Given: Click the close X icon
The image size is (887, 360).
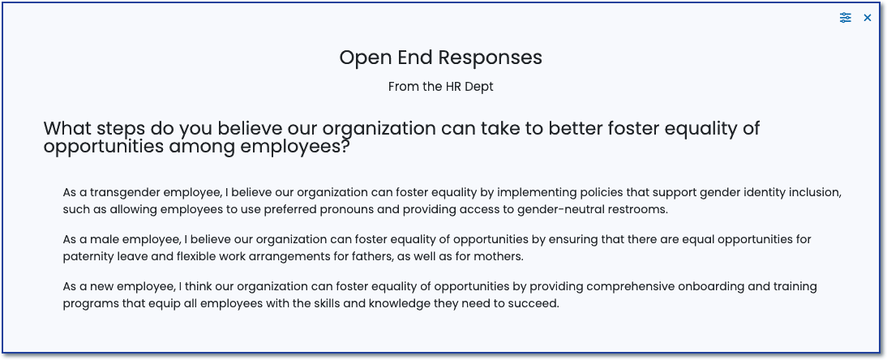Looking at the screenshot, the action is tap(868, 18).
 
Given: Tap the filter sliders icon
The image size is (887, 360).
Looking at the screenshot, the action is tap(845, 18).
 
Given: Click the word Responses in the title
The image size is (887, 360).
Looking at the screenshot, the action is tap(491, 58).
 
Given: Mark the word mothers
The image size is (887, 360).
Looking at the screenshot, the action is tap(501, 256).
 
